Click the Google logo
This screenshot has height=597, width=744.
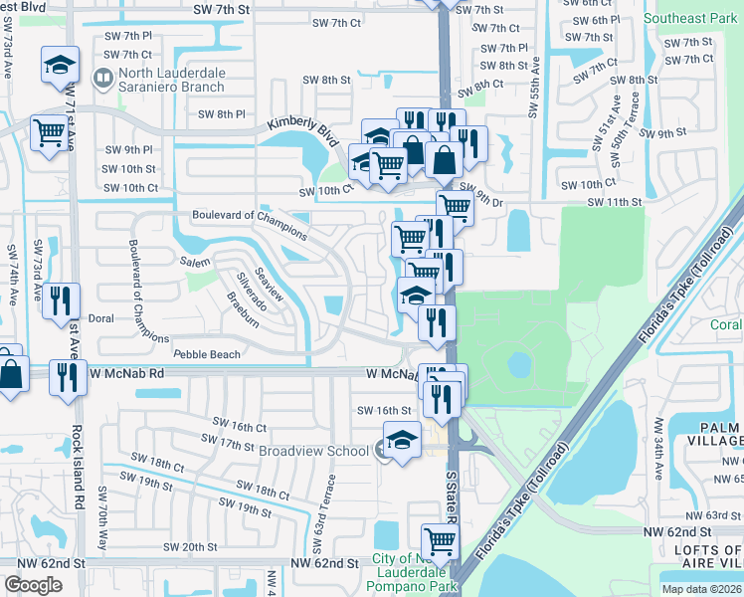[x=33, y=585]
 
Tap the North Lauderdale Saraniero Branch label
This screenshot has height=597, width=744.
[x=171, y=81]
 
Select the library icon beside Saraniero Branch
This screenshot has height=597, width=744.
[x=101, y=78]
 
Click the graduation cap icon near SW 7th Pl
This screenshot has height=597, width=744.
[x=60, y=66]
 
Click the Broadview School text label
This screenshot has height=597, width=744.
[x=313, y=451]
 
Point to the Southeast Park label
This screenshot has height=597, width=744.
[x=690, y=18]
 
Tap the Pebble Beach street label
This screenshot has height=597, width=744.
[x=207, y=354]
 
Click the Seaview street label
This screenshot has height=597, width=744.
[x=270, y=285]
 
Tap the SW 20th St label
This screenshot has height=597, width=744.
[x=191, y=547]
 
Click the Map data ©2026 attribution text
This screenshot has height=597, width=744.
[x=702, y=589]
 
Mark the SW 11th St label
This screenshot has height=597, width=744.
[x=615, y=202]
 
